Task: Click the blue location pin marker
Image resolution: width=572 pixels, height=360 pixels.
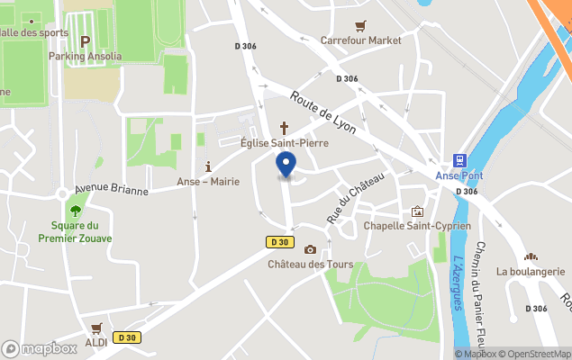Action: (x=286, y=165)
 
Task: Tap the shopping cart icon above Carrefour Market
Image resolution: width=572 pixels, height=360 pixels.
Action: (x=361, y=26)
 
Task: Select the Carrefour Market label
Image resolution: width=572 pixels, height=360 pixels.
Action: (x=361, y=40)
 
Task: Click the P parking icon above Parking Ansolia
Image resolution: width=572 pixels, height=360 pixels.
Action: (x=86, y=41)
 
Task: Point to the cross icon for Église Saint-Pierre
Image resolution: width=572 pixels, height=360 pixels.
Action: (x=285, y=128)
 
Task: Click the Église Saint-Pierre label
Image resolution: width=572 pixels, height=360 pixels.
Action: (x=284, y=143)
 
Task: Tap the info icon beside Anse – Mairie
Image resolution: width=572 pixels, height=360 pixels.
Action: (x=208, y=166)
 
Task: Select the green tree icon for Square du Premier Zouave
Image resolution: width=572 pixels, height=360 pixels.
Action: (x=75, y=210)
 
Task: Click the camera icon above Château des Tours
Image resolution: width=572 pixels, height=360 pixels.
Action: (x=310, y=249)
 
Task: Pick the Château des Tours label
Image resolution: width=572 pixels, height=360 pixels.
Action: (x=310, y=265)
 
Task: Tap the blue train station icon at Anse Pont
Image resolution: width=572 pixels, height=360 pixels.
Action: (x=459, y=160)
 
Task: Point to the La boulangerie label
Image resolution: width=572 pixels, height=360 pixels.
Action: (x=531, y=271)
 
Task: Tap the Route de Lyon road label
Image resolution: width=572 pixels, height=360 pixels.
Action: (x=323, y=112)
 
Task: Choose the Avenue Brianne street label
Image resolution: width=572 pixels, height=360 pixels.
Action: (x=111, y=190)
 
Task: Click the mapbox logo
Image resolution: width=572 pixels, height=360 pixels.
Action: (x=40, y=348)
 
